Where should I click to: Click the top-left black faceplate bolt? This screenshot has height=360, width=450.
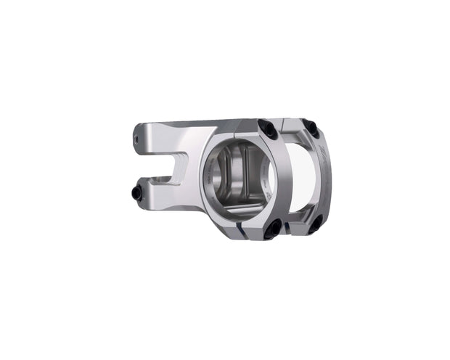point(266,128)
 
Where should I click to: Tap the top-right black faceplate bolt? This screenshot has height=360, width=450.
point(311,128)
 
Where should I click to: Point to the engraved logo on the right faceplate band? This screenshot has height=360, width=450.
point(323,155)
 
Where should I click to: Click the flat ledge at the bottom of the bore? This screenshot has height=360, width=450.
point(240,211)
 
